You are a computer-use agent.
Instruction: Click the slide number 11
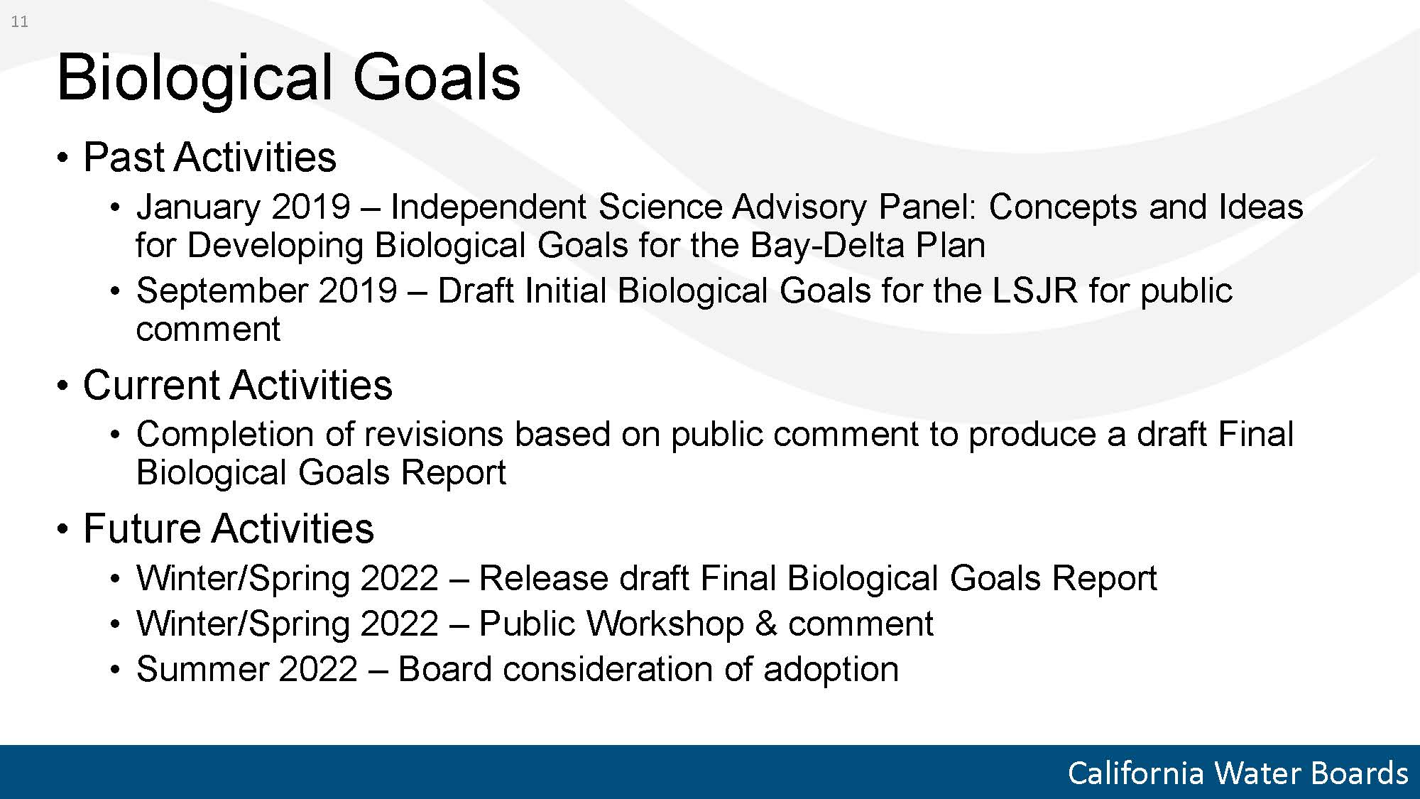tap(20, 22)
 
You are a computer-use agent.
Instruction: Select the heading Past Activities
tap(209, 157)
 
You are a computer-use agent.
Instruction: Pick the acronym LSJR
tap(1034, 290)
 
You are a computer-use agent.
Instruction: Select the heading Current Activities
tap(237, 385)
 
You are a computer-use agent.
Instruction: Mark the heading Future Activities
tap(228, 528)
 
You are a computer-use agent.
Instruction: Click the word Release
tap(543, 578)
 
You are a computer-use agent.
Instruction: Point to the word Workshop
tap(665, 624)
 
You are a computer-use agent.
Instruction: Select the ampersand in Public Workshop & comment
tap(766, 624)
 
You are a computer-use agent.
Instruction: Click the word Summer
tap(202, 669)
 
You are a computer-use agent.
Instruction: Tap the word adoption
tap(831, 670)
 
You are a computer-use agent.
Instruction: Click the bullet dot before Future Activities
tap(64, 529)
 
